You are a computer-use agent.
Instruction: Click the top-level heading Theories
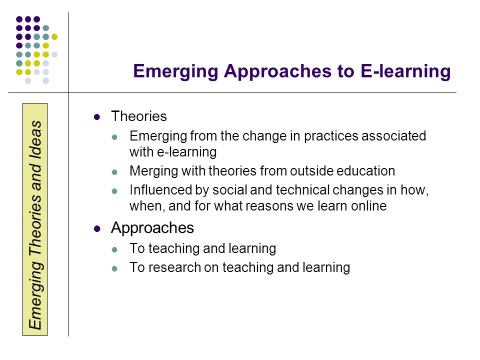tap(139, 116)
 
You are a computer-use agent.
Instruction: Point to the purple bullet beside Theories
tap(97, 117)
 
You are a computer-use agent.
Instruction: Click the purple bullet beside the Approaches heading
tap(97, 228)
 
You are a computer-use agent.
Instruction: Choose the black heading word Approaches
tap(152, 228)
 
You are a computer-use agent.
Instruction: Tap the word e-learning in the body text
tap(186, 152)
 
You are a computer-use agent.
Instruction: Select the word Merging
tap(153, 171)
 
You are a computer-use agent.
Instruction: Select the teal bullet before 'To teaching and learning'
tap(114, 250)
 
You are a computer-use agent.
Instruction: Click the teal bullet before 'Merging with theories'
tap(114, 172)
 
